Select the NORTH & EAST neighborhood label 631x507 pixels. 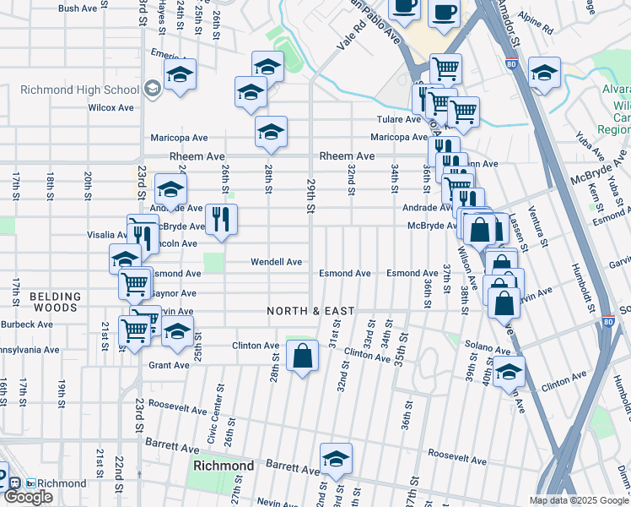[310, 311]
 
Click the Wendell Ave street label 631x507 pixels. [276, 262]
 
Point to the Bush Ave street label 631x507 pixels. [78, 8]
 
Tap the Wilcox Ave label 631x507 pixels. [111, 108]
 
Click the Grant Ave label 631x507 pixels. [169, 365]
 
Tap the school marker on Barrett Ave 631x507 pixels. [336, 458]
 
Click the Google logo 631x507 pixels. [28, 497]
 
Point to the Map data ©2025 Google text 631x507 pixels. [578, 500]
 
